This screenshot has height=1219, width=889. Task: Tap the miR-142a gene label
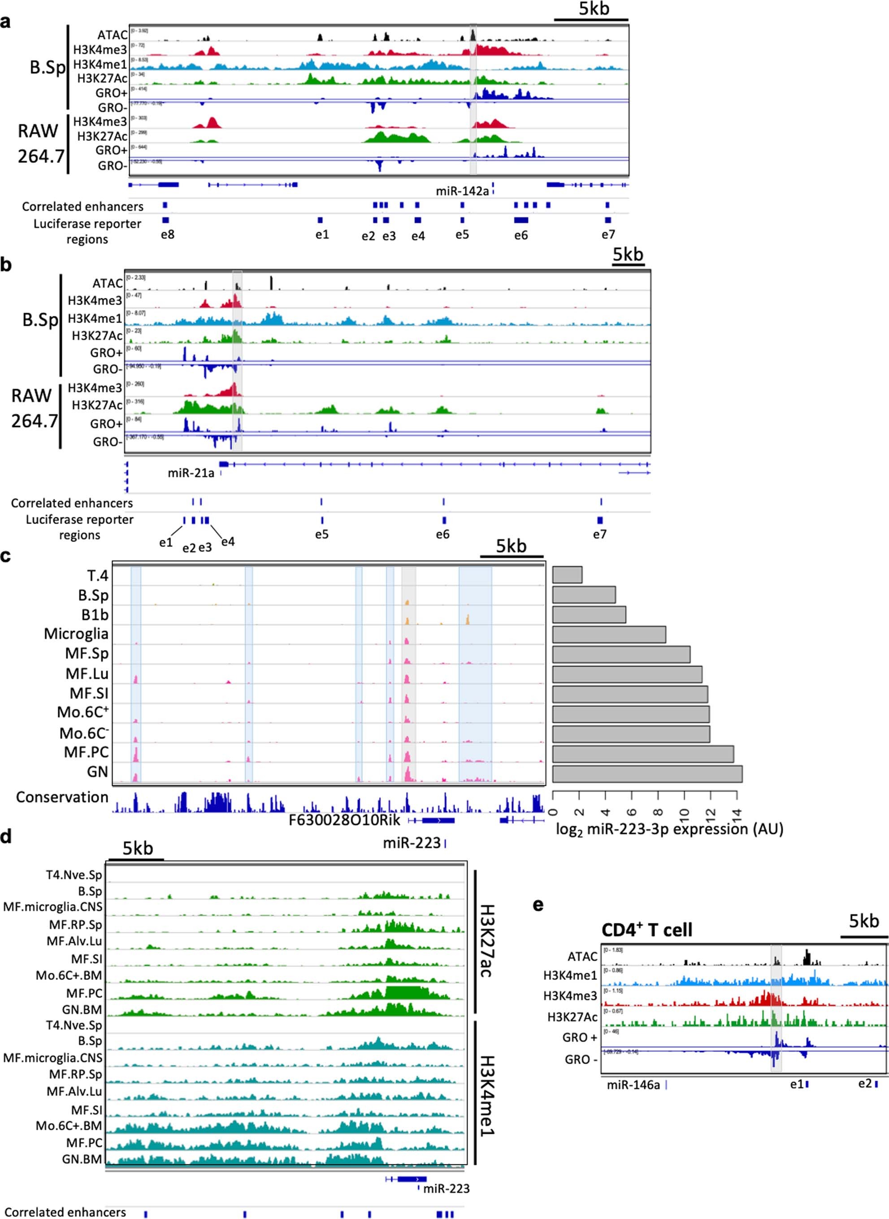point(462,191)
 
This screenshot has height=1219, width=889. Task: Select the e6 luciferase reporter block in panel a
point(521,220)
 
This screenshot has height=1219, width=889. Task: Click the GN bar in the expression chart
point(647,774)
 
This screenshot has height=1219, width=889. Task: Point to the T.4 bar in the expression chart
point(567,574)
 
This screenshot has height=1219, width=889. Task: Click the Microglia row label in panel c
point(76,634)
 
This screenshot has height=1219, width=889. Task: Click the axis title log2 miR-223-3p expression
point(669,829)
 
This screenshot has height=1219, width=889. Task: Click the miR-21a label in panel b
point(191,473)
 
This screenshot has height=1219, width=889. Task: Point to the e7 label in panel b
point(599,535)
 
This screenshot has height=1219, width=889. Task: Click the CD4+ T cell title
point(647,930)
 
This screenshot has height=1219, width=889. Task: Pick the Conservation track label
point(62,797)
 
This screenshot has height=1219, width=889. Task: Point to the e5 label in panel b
point(322,535)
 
